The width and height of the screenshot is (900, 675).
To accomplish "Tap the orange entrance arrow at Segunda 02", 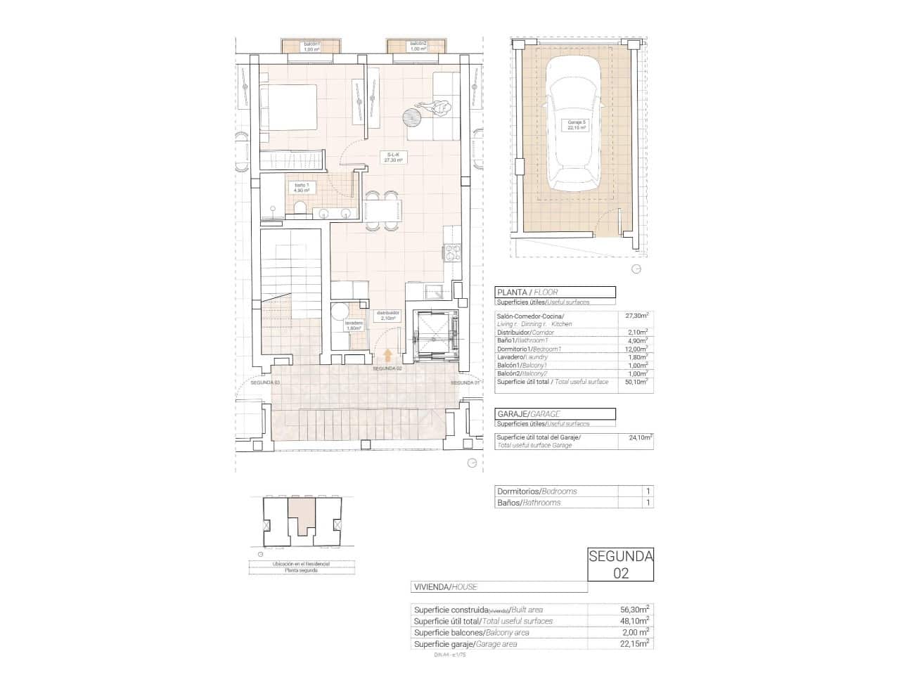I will tap(387, 356).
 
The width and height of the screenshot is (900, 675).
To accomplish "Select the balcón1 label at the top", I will tap(311, 46).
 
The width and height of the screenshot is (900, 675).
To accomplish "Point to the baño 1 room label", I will tap(302, 188).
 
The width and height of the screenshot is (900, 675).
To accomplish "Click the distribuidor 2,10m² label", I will tap(387, 315).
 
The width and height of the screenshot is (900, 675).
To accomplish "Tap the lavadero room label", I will tap(353, 326).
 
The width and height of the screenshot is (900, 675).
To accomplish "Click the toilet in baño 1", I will tap(300, 208).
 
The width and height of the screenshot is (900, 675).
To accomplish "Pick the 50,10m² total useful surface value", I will tap(636, 382).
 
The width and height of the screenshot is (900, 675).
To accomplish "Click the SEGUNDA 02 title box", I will tap(620, 565).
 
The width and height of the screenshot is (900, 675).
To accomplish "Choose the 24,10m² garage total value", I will tap(639, 437).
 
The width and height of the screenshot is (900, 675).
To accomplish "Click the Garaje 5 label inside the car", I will tap(576, 125).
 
